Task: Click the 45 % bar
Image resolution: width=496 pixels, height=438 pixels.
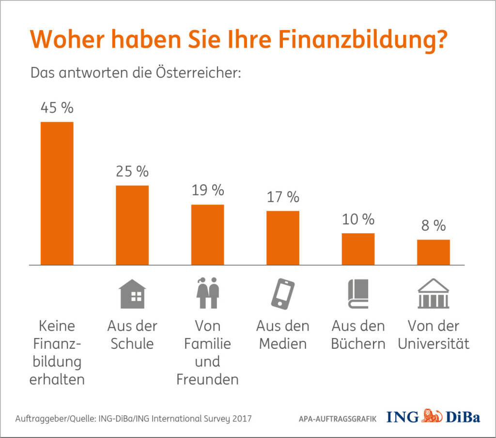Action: [x=57, y=193]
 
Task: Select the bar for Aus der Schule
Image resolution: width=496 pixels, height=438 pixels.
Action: [x=132, y=225]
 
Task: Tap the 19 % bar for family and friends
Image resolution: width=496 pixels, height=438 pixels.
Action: [x=207, y=235]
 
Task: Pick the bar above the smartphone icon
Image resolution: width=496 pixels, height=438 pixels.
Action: [x=283, y=238]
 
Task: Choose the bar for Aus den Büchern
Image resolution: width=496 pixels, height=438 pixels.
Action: [x=358, y=249]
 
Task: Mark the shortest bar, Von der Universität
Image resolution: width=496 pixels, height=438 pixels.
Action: [x=434, y=252]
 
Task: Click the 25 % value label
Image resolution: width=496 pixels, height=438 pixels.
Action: [x=132, y=171]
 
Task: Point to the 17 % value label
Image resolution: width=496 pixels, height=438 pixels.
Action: [x=283, y=197]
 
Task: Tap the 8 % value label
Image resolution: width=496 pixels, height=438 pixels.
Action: [x=433, y=226]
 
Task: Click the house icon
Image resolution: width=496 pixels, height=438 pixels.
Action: [x=132, y=294]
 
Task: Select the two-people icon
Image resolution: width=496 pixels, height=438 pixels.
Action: [x=207, y=293]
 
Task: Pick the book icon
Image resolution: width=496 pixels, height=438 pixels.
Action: [x=358, y=294]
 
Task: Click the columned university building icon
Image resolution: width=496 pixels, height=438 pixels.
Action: [x=434, y=294]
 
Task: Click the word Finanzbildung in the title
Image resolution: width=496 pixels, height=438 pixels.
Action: [x=362, y=40]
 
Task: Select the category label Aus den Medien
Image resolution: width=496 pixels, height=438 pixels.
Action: [x=283, y=335]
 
